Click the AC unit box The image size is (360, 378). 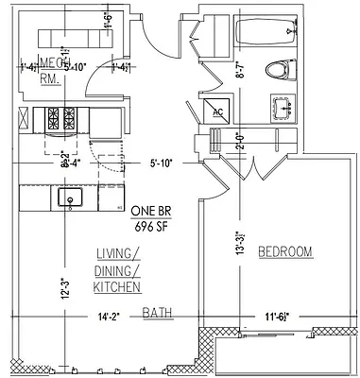tap(217, 112)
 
